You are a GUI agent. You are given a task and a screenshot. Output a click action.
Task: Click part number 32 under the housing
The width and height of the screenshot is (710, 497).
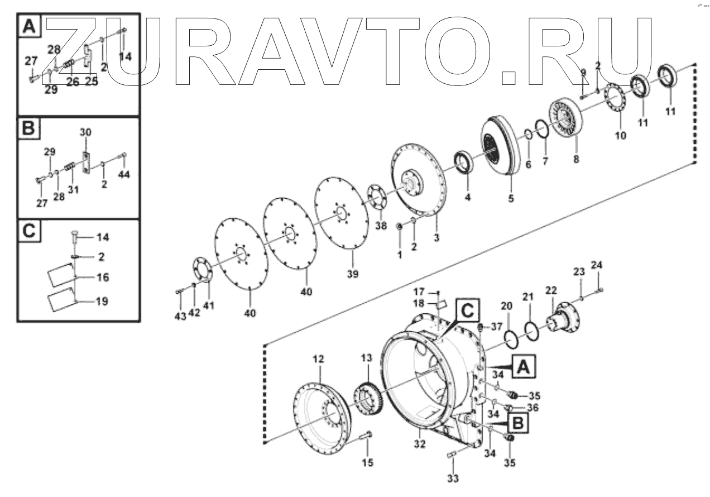pos(420,445)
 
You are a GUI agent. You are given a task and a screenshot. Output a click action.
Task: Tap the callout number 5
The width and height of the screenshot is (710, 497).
pos(511,198)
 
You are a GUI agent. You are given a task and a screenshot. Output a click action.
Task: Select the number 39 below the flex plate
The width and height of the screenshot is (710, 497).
pos(352,274)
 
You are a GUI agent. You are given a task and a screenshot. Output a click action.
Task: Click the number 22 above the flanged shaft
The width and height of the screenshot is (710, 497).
pos(551,290)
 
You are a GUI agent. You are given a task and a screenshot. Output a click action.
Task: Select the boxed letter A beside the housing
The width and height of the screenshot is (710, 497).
pos(523,366)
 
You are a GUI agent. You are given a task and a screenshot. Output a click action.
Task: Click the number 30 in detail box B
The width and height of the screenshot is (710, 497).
pos(85,133)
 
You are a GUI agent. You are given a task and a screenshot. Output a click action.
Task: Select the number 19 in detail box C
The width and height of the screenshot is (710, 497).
pos(102,302)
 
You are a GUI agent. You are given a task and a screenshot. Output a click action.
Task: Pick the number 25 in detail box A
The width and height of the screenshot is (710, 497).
pos(90,82)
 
